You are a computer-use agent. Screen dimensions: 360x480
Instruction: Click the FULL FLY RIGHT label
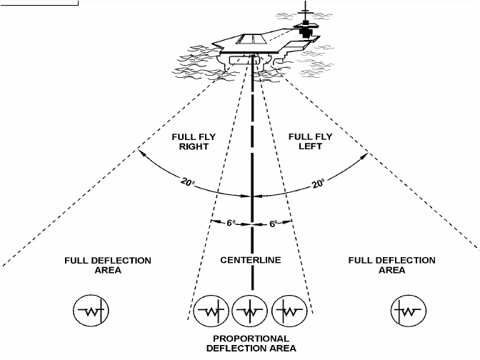(189, 141)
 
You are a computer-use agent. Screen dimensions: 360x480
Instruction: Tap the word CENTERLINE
(251, 261)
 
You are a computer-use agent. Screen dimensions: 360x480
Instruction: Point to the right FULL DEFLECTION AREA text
(391, 265)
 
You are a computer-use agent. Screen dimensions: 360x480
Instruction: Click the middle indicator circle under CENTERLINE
(251, 311)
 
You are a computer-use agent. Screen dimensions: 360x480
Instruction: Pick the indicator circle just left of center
(212, 311)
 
